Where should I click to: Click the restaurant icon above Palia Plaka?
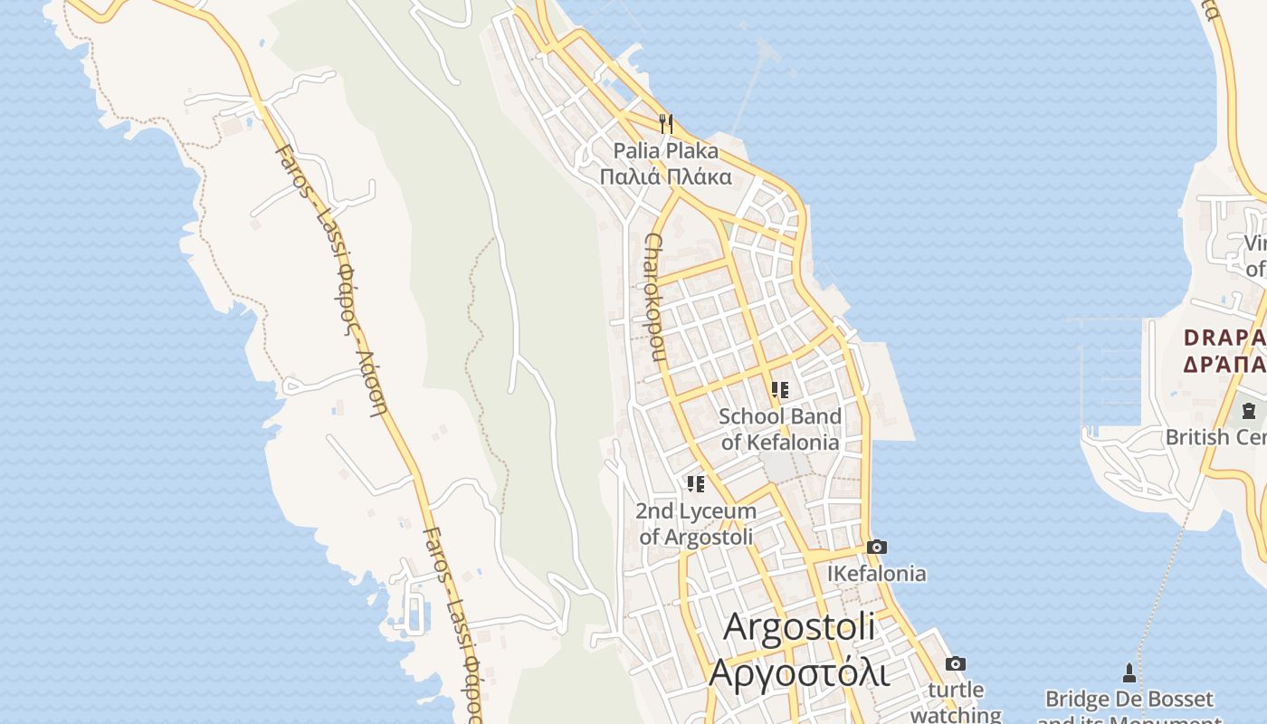[666, 123]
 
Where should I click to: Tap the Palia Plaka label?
[665, 151]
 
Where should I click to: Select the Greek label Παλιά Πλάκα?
[665, 176]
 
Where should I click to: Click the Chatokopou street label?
[656, 297]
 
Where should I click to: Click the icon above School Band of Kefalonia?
[779, 390]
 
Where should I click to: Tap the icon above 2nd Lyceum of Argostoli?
[695, 484]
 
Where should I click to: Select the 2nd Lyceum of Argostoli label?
[696, 524]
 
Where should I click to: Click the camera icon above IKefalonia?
[876, 547]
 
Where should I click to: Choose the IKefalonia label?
[876, 574]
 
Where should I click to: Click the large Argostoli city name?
[800, 628]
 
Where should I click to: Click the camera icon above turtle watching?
[955, 664]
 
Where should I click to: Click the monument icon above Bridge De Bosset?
[1129, 672]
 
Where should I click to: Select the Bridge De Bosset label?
[1129, 700]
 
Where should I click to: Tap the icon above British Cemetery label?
[1249, 411]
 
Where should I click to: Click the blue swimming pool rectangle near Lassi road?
[414, 614]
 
